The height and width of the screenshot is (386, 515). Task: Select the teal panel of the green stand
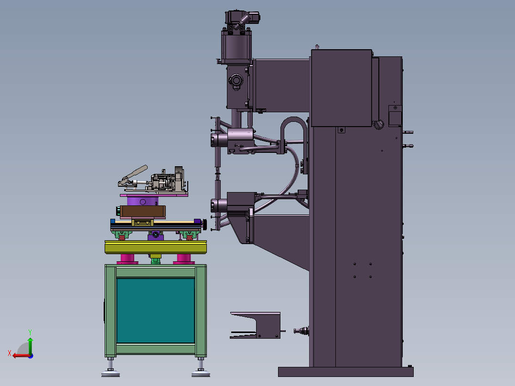point(155,311)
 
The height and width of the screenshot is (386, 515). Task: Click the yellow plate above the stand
point(156,247)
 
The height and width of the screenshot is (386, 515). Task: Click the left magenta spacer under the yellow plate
point(127,259)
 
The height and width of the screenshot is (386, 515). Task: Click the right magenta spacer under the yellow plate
point(183,259)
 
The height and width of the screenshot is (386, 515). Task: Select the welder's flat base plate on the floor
point(345,372)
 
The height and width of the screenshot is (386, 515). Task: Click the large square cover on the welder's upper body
point(341,88)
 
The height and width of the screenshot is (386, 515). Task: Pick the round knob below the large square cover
point(379,125)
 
